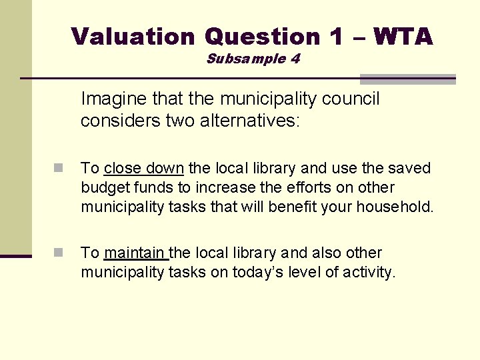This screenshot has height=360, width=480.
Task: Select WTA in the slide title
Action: pyautogui.click(x=403, y=36)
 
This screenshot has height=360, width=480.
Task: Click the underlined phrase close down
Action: pyautogui.click(x=143, y=168)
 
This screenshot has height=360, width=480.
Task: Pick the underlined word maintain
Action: pyautogui.click(x=135, y=253)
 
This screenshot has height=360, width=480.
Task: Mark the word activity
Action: pyautogui.click(x=367, y=273)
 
